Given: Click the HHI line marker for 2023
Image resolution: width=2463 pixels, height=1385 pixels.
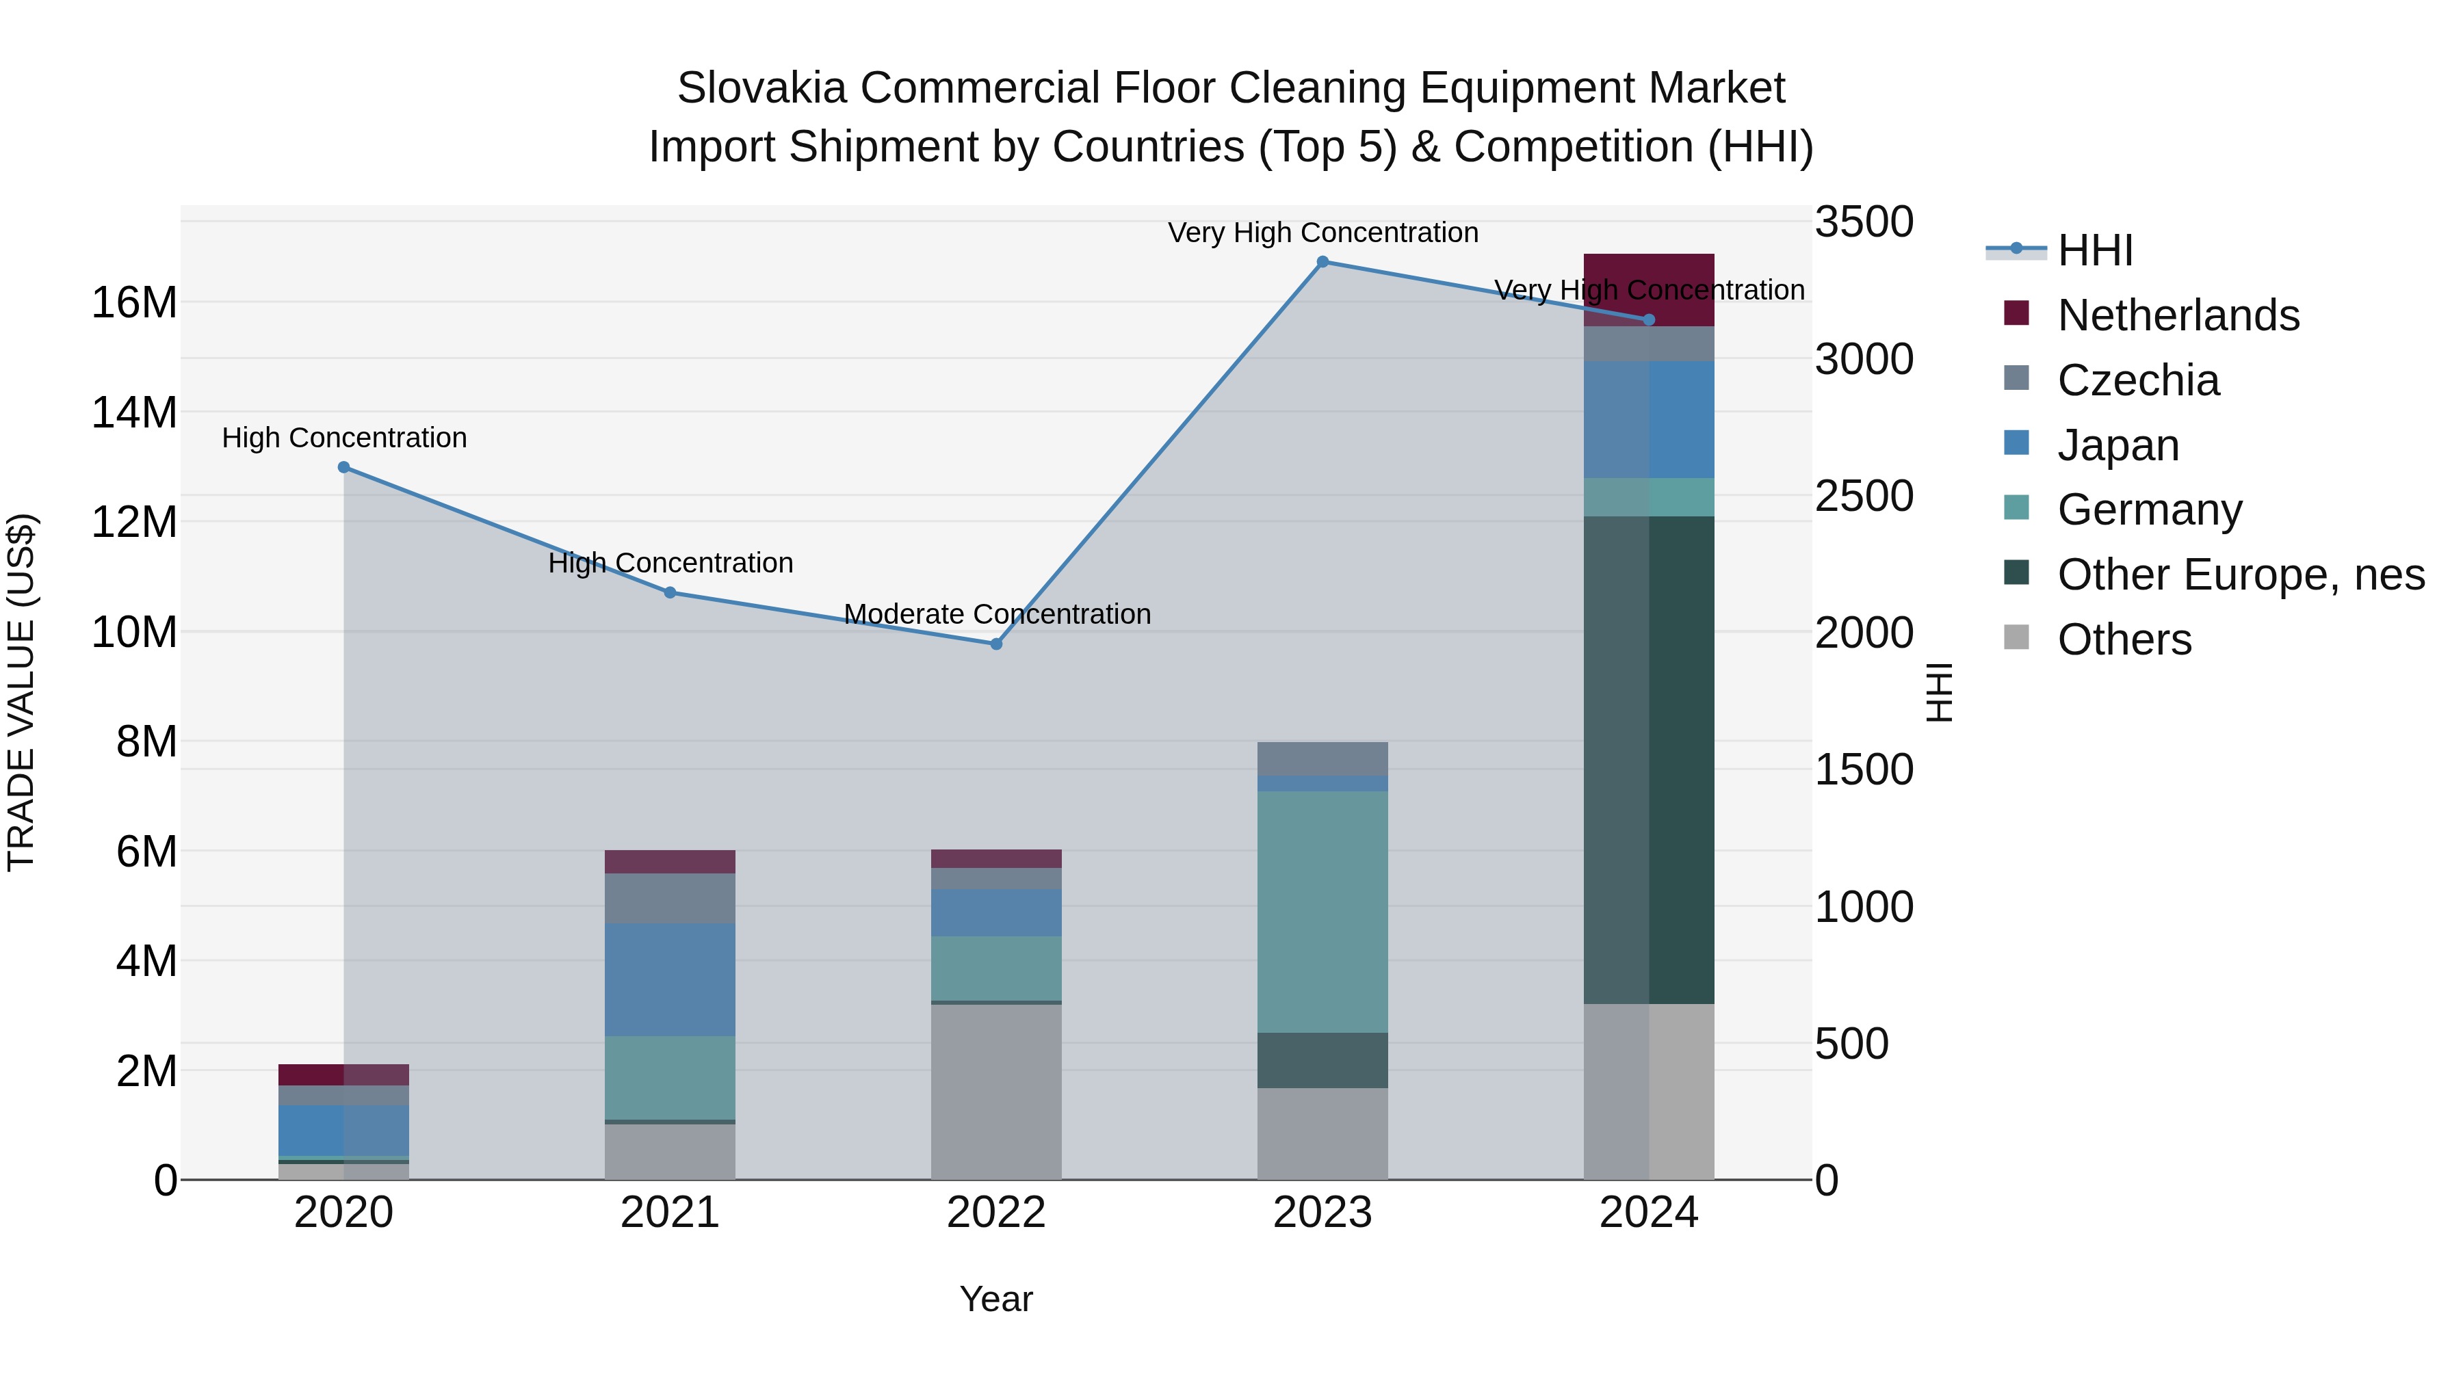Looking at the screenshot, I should (1322, 262).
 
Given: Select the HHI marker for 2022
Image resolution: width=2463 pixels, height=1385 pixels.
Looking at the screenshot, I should (996, 644).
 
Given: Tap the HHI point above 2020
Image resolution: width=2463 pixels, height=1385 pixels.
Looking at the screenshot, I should (344, 467).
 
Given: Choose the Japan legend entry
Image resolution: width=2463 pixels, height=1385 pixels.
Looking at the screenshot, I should (2117, 445).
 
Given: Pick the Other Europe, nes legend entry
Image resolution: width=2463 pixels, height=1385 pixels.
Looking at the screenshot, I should (2239, 575).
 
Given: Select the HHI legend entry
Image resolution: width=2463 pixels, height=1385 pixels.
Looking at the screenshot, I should (2094, 250).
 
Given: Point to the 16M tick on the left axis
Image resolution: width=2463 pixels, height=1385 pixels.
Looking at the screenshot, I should (134, 303).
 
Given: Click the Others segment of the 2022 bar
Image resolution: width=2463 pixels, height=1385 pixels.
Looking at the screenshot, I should (996, 1091).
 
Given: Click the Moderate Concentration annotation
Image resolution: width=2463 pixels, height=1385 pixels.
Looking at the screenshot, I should (996, 614).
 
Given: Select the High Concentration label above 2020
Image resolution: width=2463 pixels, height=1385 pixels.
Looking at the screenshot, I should (344, 438).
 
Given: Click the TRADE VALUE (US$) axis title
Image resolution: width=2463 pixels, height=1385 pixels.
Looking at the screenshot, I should (21, 692).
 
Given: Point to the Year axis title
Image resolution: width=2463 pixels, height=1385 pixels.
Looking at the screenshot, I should (996, 1299).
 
